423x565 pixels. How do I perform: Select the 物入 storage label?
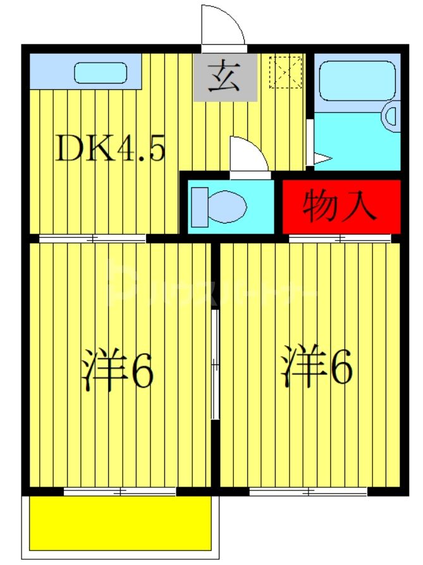point(340,206)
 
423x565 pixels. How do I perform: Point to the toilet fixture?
point(219,206)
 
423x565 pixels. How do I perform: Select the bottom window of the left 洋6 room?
point(120,492)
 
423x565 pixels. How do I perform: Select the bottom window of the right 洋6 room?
point(308,492)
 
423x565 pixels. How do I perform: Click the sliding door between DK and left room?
point(92,239)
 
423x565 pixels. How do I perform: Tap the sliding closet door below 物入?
point(340,239)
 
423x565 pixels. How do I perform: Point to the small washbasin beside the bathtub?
point(390,116)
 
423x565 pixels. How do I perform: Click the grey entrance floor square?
point(225,77)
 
